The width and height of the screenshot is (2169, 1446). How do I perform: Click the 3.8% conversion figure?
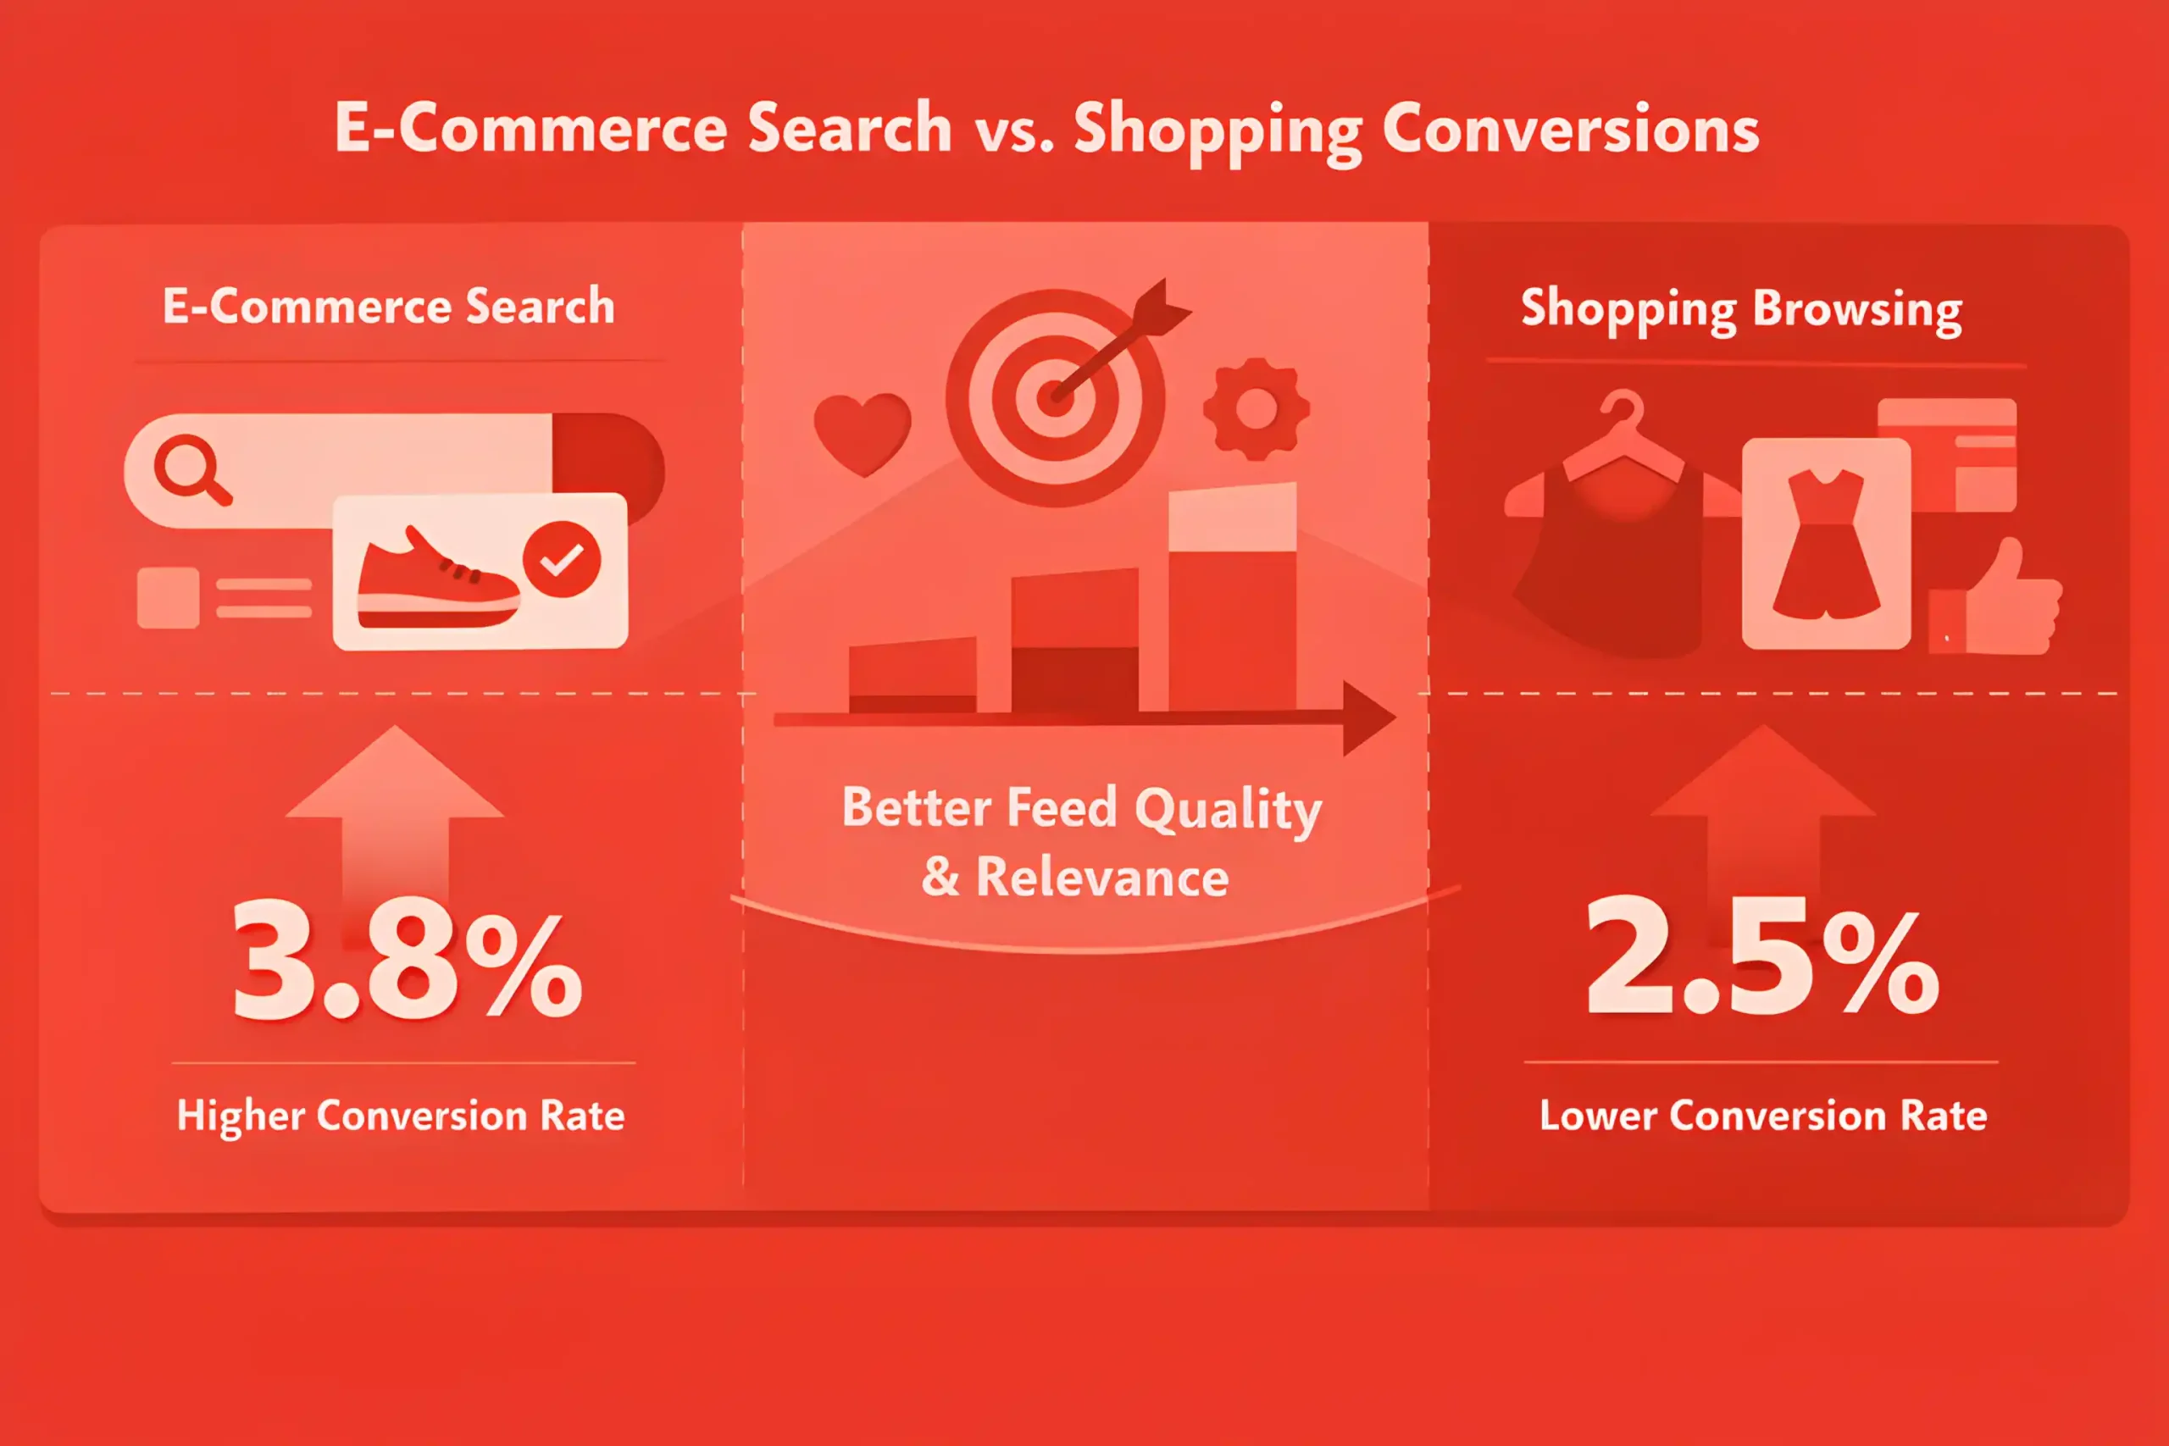(408, 959)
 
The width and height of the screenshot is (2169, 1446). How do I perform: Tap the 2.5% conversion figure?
(1762, 955)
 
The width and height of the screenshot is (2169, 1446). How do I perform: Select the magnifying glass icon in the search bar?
(191, 469)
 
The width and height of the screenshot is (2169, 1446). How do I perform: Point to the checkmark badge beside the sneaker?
(562, 559)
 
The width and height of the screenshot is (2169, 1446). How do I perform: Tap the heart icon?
(863, 435)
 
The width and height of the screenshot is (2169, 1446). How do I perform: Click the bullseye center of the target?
(1055, 398)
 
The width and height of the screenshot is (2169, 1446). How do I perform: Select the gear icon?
(1256, 408)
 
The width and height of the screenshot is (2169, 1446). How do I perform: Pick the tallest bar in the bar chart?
(1232, 597)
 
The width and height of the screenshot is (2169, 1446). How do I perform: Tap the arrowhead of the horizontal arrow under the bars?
(1369, 718)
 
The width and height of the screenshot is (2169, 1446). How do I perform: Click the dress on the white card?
(1826, 544)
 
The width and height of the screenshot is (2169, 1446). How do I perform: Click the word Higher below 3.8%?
(241, 1116)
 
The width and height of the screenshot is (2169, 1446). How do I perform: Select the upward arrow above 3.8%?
(395, 812)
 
